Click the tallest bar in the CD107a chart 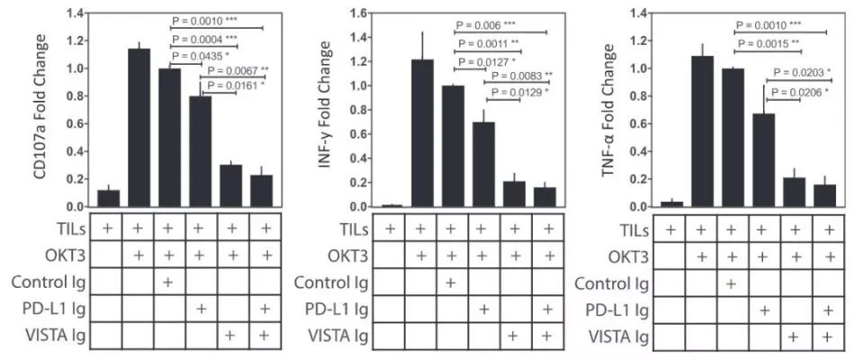click(x=139, y=127)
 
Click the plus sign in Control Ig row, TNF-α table click(x=732, y=283)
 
